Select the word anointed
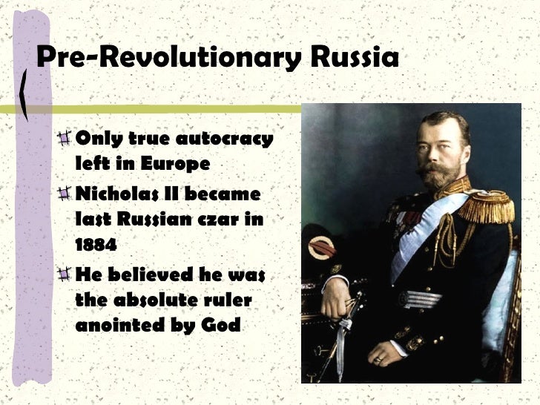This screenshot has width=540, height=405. pos(116,324)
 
